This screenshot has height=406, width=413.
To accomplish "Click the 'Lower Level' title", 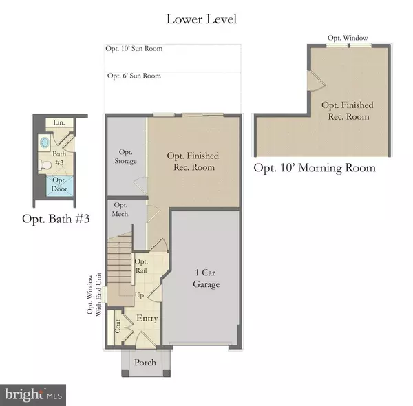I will point(201,19).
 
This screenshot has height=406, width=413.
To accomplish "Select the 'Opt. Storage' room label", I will point(125,156).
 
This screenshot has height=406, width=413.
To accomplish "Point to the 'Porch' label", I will point(145,363).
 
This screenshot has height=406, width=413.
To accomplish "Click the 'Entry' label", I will point(147,318).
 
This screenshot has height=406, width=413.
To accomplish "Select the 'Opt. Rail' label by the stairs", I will point(141,266).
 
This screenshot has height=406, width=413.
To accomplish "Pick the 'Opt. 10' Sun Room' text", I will point(134,50).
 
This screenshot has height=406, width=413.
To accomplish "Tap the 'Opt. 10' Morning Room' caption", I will point(315,168).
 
